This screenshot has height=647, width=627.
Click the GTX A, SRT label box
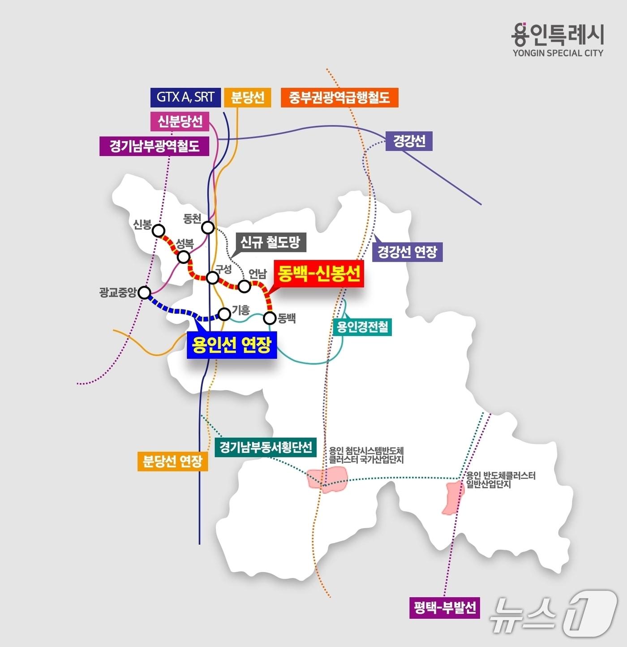pyautogui.click(x=185, y=97)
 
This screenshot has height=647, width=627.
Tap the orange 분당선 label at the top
pyautogui.click(x=248, y=97)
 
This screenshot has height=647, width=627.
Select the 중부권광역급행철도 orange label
pyautogui.click(x=339, y=97)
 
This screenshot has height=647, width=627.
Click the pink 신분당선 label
pyautogui.click(x=180, y=121)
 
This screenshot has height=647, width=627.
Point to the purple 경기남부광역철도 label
pyautogui.click(x=155, y=146)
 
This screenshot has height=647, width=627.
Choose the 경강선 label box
pyautogui.click(x=409, y=141)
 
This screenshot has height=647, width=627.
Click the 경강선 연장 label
pyautogui.click(x=408, y=252)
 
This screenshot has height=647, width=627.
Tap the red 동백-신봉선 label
pyautogui.click(x=319, y=273)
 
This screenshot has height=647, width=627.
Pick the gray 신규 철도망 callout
pyautogui.click(x=270, y=242)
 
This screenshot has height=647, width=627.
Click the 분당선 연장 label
pyautogui.click(x=173, y=461)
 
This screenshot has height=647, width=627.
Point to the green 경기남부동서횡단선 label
pyautogui.click(x=266, y=447)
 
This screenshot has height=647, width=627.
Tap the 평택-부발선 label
pyautogui.click(x=445, y=608)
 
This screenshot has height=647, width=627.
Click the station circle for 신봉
pyautogui.click(x=159, y=231)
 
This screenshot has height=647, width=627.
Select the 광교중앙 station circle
pyautogui.click(x=144, y=293)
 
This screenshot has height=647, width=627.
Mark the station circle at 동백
pyautogui.click(x=270, y=318)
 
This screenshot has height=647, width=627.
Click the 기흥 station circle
pyautogui.click(x=224, y=314)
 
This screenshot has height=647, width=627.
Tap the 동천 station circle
pyautogui.click(x=208, y=228)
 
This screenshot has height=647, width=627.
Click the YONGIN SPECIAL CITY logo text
pyautogui.click(x=558, y=53)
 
